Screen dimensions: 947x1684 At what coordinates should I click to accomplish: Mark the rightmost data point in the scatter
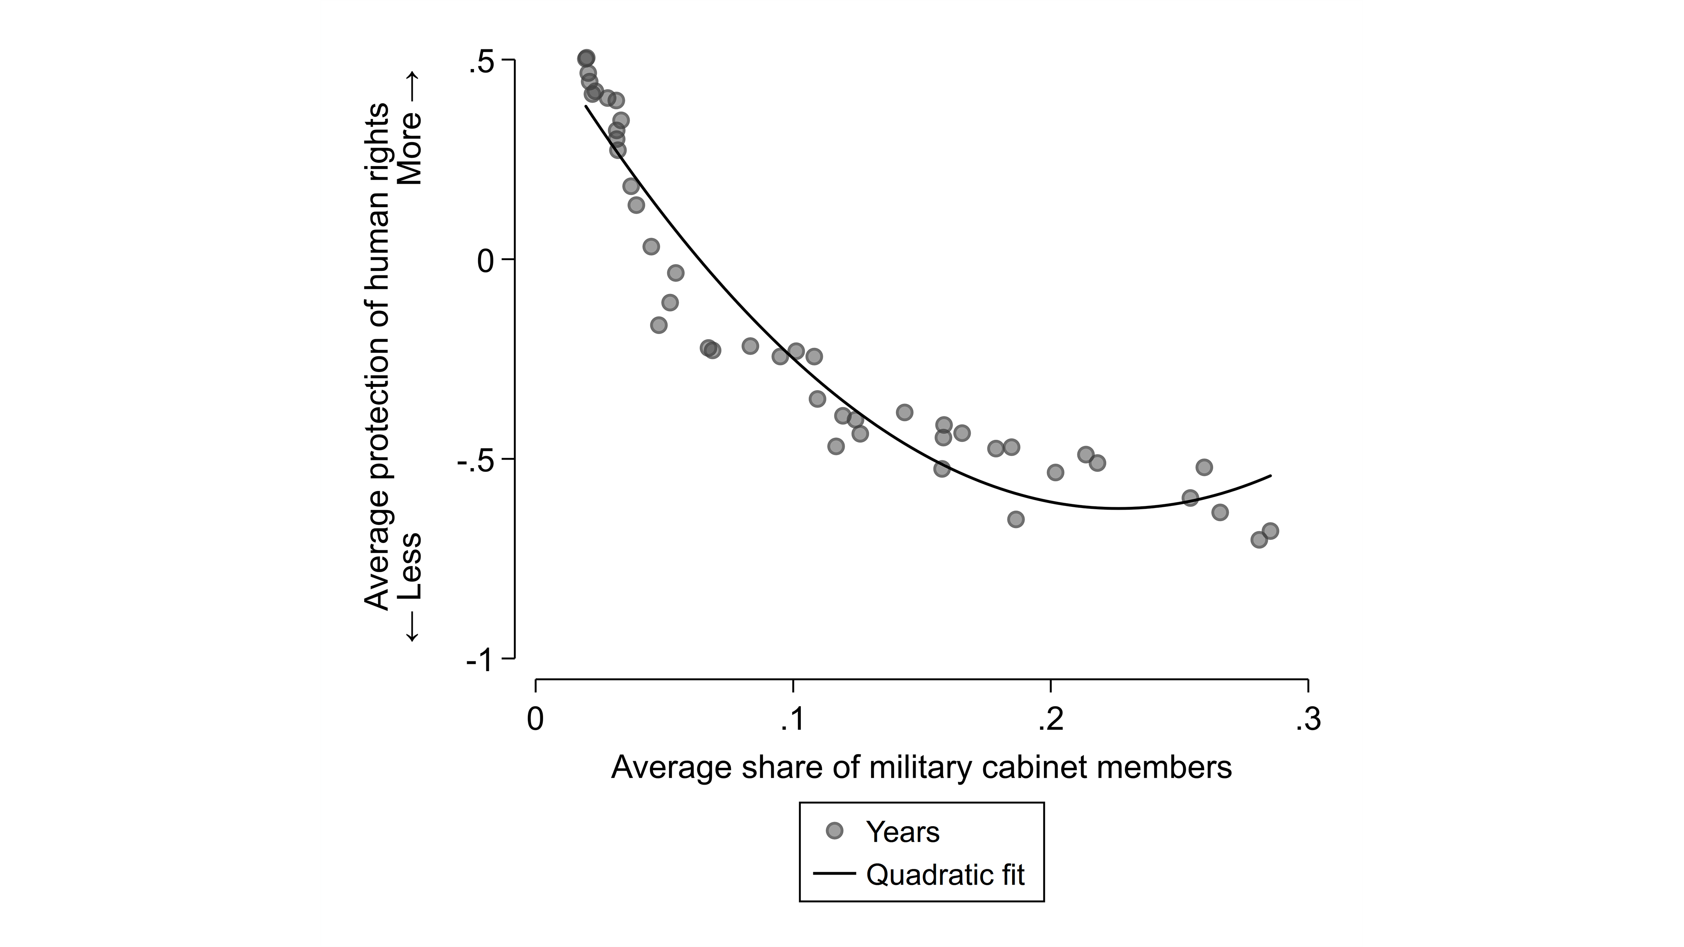(1270, 531)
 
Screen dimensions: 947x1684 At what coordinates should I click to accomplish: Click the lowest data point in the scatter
(1259, 540)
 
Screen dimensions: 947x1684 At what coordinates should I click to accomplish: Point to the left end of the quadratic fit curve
(586, 106)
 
